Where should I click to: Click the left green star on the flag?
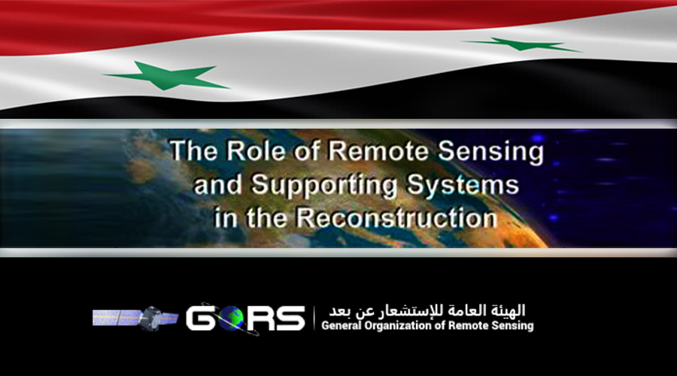pyautogui.click(x=167, y=76)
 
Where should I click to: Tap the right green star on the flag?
pyautogui.click(x=521, y=44)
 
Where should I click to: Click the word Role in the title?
pyautogui.click(x=256, y=151)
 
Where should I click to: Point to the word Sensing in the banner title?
pyautogui.click(x=491, y=153)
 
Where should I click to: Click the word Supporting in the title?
pyautogui.click(x=323, y=186)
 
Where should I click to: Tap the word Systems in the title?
pyautogui.click(x=463, y=185)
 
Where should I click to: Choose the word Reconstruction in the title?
pyautogui.click(x=396, y=217)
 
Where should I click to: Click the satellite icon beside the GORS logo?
pyautogui.click(x=135, y=318)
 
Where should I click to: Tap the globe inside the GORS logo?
pyautogui.click(x=231, y=319)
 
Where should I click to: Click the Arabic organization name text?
pyautogui.click(x=427, y=311)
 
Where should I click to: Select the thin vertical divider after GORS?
pyautogui.click(x=314, y=318)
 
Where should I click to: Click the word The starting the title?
pyautogui.click(x=194, y=151)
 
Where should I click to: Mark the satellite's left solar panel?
pyautogui.click(x=116, y=317)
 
